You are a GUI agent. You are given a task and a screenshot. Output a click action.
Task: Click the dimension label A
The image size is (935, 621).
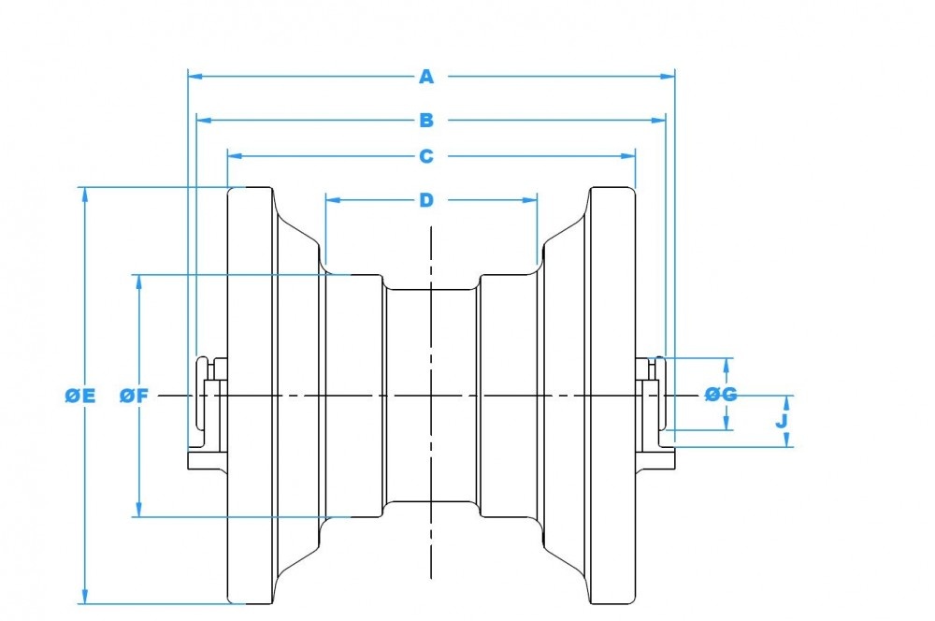coord(426,77)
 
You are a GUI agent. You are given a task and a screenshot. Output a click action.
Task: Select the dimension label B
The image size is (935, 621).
coord(426,120)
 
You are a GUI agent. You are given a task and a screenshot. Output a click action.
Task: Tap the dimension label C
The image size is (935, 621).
coord(426,155)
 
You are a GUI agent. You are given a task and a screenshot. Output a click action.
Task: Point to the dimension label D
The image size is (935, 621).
coord(426,199)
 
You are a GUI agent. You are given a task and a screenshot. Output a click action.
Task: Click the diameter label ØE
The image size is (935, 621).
coord(80,396)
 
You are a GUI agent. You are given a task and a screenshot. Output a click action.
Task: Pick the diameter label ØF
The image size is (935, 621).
coord(135,396)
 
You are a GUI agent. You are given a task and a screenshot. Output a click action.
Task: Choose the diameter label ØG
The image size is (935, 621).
coord(721,395)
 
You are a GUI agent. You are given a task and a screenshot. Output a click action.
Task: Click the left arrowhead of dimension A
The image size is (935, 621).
coord(194,77)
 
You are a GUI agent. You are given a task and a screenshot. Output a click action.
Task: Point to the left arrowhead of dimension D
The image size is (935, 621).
coord(331,199)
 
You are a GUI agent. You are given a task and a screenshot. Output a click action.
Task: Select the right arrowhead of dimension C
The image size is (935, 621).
coord(629,155)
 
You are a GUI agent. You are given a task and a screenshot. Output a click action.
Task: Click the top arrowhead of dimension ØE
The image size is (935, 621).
coord(85,194)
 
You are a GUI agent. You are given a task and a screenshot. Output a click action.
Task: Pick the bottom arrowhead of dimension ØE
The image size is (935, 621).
coord(85,598)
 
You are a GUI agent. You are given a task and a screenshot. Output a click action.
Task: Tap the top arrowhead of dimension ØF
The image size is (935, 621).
coord(138,281)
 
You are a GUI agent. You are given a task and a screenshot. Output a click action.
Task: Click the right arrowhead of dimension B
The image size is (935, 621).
coord(658,120)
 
